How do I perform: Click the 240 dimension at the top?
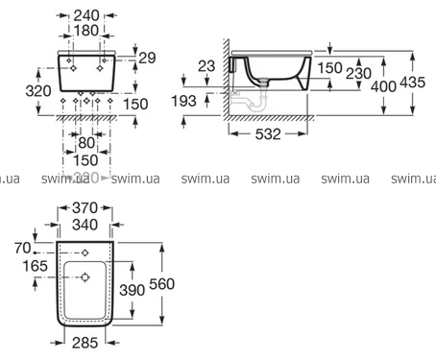coord(86,15)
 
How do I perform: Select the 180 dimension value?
coord(86,31)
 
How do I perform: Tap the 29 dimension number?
coord(147,58)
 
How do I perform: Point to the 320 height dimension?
coord(38,91)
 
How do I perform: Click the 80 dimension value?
coord(86,143)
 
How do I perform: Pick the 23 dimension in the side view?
coord(206,66)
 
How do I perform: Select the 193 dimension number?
coord(183,101)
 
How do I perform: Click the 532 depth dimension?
coord(268,134)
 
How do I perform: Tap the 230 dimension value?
coord(358,74)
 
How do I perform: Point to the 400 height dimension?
coord(383,86)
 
